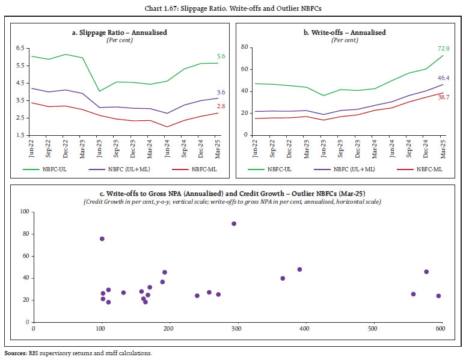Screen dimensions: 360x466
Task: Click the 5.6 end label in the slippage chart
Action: coord(221,56)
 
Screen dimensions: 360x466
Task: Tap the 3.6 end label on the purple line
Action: coord(221,92)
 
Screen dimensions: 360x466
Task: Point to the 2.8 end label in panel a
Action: coord(221,106)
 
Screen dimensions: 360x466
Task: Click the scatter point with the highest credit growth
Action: coord(234,224)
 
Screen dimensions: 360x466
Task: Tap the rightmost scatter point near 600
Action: coord(438,296)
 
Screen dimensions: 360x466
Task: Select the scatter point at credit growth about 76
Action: coord(102,239)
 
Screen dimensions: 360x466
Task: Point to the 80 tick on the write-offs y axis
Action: coord(246,47)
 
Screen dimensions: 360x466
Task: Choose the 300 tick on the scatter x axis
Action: coord(236,328)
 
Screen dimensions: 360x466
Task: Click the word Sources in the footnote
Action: coord(16,353)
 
